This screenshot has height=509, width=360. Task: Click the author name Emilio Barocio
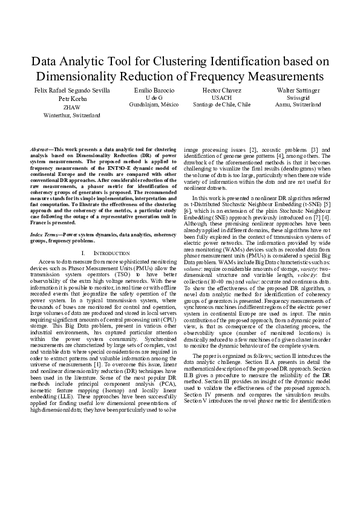coord(154,89)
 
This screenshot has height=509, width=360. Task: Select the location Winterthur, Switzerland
coord(72,114)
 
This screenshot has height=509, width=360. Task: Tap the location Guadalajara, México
coord(154,104)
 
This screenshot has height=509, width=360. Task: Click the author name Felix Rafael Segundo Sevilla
coord(72,90)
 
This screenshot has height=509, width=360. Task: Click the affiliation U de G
coord(154,97)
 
